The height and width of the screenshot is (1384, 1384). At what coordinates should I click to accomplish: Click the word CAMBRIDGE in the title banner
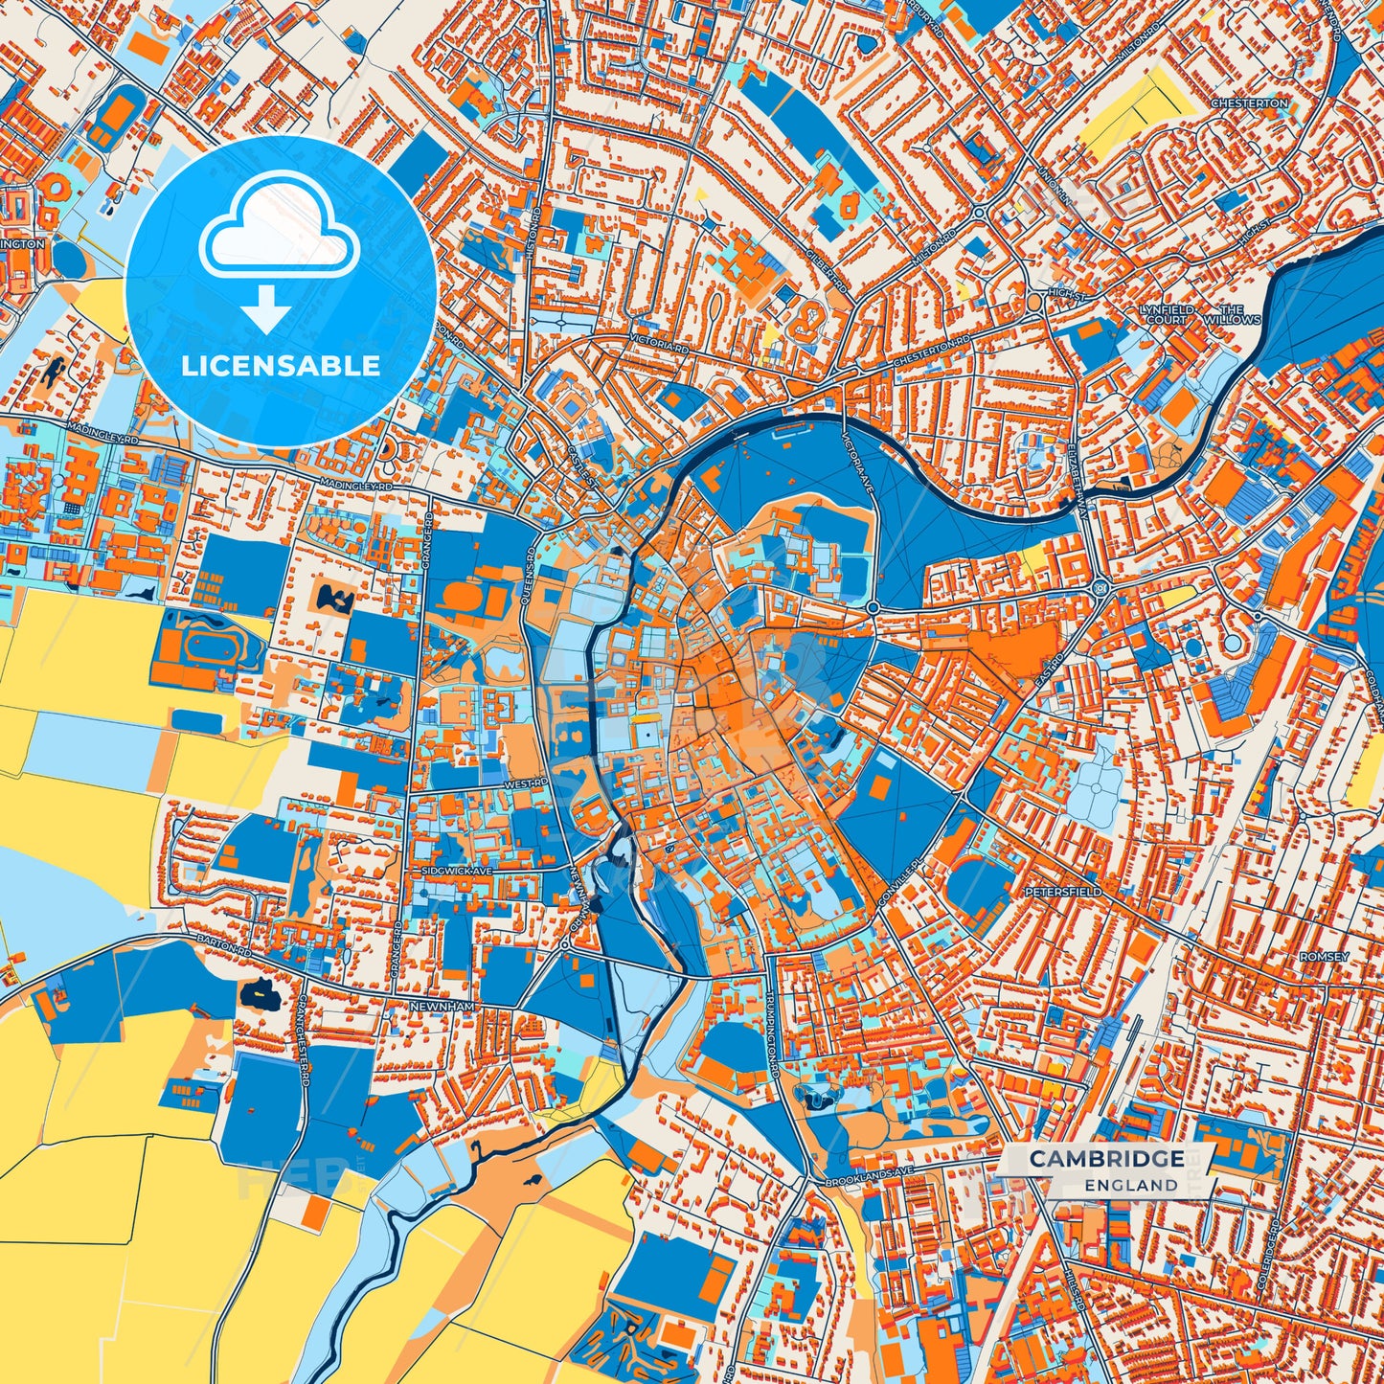click(1106, 1159)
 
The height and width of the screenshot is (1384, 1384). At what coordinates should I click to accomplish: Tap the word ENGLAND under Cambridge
click(1131, 1185)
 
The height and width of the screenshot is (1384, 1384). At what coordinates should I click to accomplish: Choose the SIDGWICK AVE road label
click(457, 873)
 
